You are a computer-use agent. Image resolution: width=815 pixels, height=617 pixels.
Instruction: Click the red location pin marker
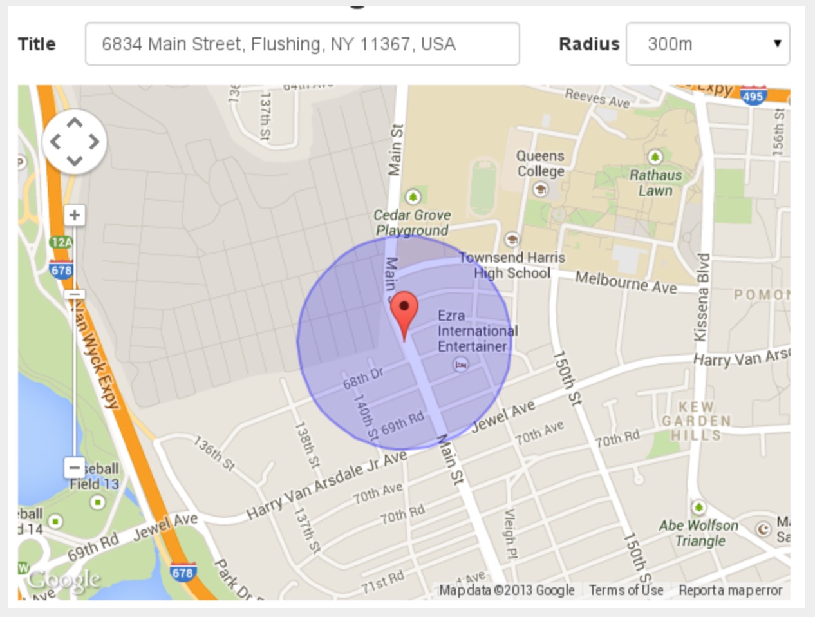pos(404,308)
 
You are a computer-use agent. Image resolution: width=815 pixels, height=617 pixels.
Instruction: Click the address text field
pos(302,44)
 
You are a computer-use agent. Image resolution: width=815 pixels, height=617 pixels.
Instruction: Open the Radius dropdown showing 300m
pos(707,44)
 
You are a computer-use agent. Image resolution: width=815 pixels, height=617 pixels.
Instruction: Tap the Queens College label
pos(540,164)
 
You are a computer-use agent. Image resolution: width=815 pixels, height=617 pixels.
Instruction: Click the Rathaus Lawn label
pos(655,182)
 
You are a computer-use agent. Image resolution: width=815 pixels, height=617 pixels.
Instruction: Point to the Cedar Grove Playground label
pos(412,222)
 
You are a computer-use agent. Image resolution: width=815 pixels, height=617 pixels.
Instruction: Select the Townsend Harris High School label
pos(512,265)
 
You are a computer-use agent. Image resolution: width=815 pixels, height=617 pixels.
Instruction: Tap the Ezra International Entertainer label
pos(476,331)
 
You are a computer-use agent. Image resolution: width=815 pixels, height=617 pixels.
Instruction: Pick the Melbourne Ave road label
pos(626,281)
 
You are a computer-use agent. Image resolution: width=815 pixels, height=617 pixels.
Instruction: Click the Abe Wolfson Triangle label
pos(698,533)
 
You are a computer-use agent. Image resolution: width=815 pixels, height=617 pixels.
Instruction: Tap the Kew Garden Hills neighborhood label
pos(697,421)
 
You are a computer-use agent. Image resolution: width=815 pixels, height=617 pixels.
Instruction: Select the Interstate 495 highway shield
pos(753,97)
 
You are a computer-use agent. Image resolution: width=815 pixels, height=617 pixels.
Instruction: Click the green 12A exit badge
pos(61,242)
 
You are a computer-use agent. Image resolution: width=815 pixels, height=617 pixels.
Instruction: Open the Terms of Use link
pos(626,590)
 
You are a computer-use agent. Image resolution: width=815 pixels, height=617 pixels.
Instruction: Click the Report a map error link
pos(730,590)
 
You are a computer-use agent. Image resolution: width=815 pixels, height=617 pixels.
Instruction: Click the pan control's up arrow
pos(75,122)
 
